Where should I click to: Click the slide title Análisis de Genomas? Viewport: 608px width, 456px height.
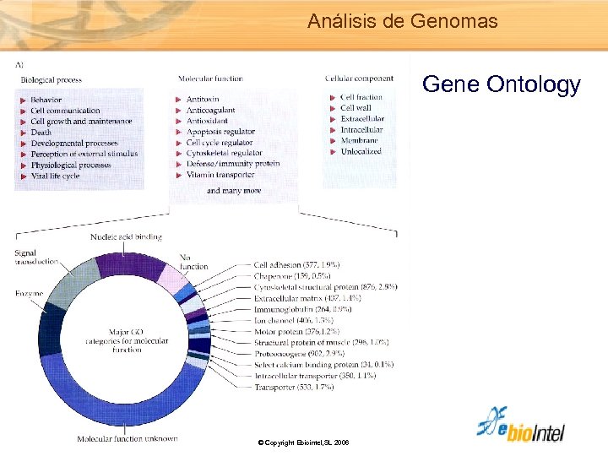click(x=402, y=20)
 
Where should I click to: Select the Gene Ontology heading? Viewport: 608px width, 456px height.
click(x=501, y=84)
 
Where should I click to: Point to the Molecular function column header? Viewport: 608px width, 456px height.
click(x=210, y=79)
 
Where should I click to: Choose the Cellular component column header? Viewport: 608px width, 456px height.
click(x=359, y=79)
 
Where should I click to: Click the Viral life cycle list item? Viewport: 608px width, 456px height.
click(x=55, y=176)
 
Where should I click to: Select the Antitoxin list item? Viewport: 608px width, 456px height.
click(x=203, y=100)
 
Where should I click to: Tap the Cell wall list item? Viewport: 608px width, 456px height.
click(x=356, y=108)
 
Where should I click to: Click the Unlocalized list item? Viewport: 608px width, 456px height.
click(x=361, y=151)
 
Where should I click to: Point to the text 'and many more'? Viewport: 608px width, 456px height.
click(x=233, y=191)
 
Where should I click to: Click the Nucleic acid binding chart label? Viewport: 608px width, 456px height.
click(x=126, y=237)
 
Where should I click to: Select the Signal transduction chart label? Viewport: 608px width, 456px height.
click(x=35, y=258)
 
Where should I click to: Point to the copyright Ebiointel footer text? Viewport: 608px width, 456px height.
click(x=304, y=442)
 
